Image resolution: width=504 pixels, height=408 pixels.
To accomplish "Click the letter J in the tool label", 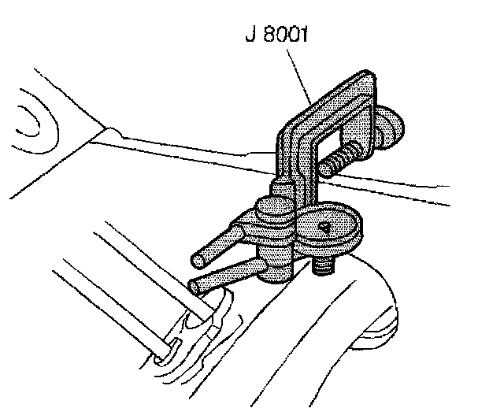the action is (250, 36).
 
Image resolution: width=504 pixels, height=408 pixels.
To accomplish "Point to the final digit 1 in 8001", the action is (303, 36).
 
